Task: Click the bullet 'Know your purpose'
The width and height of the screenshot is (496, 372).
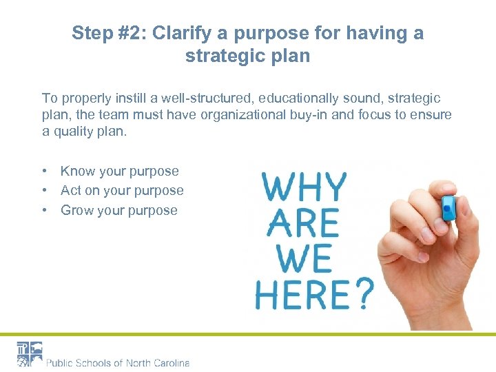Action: [x=119, y=172]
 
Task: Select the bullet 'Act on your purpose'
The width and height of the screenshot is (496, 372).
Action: [x=122, y=191]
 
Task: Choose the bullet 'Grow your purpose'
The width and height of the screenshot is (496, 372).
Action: [x=119, y=211]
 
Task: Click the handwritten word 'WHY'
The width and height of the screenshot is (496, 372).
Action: [x=304, y=188]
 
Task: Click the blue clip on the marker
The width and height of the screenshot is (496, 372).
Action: [x=448, y=205]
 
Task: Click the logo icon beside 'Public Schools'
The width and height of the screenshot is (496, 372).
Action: [x=30, y=353]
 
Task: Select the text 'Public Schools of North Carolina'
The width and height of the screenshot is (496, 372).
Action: [x=118, y=362]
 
